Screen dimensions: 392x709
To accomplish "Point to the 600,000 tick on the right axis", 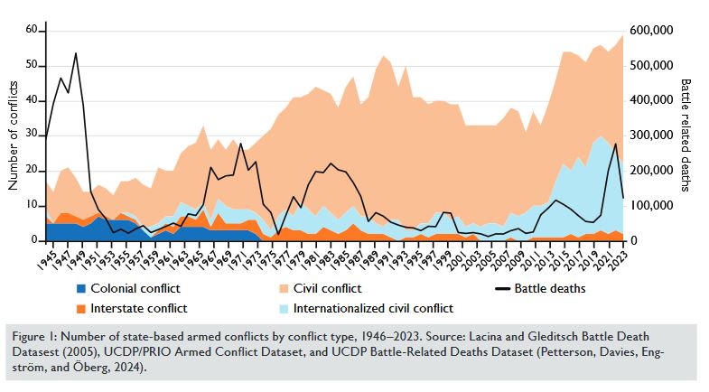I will pyautogui.click(x=654, y=30).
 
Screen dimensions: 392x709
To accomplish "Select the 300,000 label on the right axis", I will pyautogui.click(x=654, y=135).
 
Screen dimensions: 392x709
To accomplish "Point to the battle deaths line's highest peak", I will pyautogui.click(x=75, y=53).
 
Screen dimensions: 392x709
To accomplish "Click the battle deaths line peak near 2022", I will pyautogui.click(x=616, y=144).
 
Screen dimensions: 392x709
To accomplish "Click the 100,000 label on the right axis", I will pyautogui.click(x=654, y=206).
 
